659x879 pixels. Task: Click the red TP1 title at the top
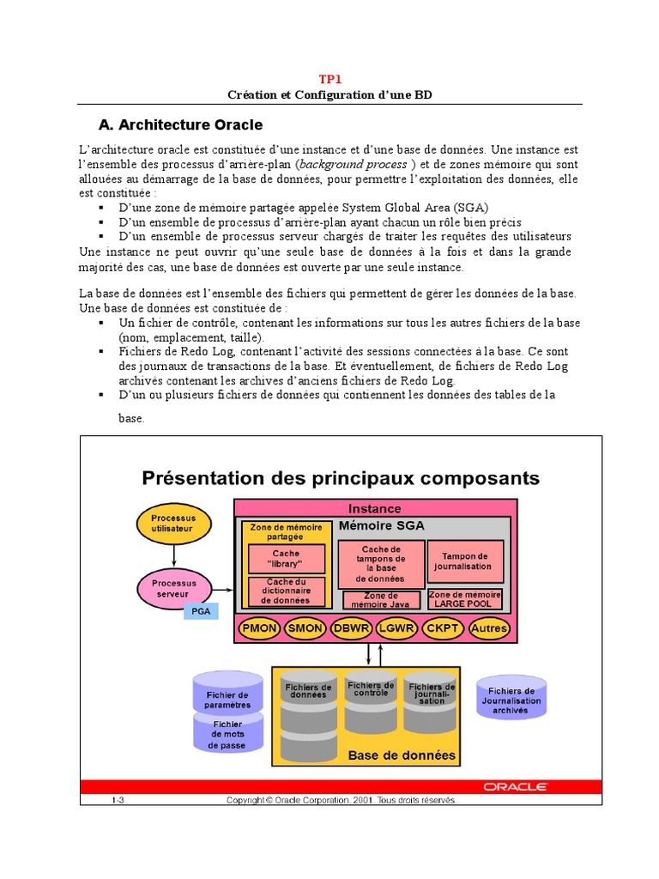point(330,79)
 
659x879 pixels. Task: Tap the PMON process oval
point(259,628)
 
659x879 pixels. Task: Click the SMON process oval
point(305,628)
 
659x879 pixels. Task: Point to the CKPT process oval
point(443,628)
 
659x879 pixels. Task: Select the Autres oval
point(489,628)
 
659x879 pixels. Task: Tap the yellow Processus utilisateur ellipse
point(173,524)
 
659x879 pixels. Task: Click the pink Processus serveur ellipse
point(173,588)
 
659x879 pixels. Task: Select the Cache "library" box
point(287,559)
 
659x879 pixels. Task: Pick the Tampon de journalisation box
point(464,561)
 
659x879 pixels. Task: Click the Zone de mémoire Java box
point(381,600)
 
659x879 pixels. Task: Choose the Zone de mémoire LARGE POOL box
point(465,599)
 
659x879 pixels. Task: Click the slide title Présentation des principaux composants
point(341,477)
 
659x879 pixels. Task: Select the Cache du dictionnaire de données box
point(287,591)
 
